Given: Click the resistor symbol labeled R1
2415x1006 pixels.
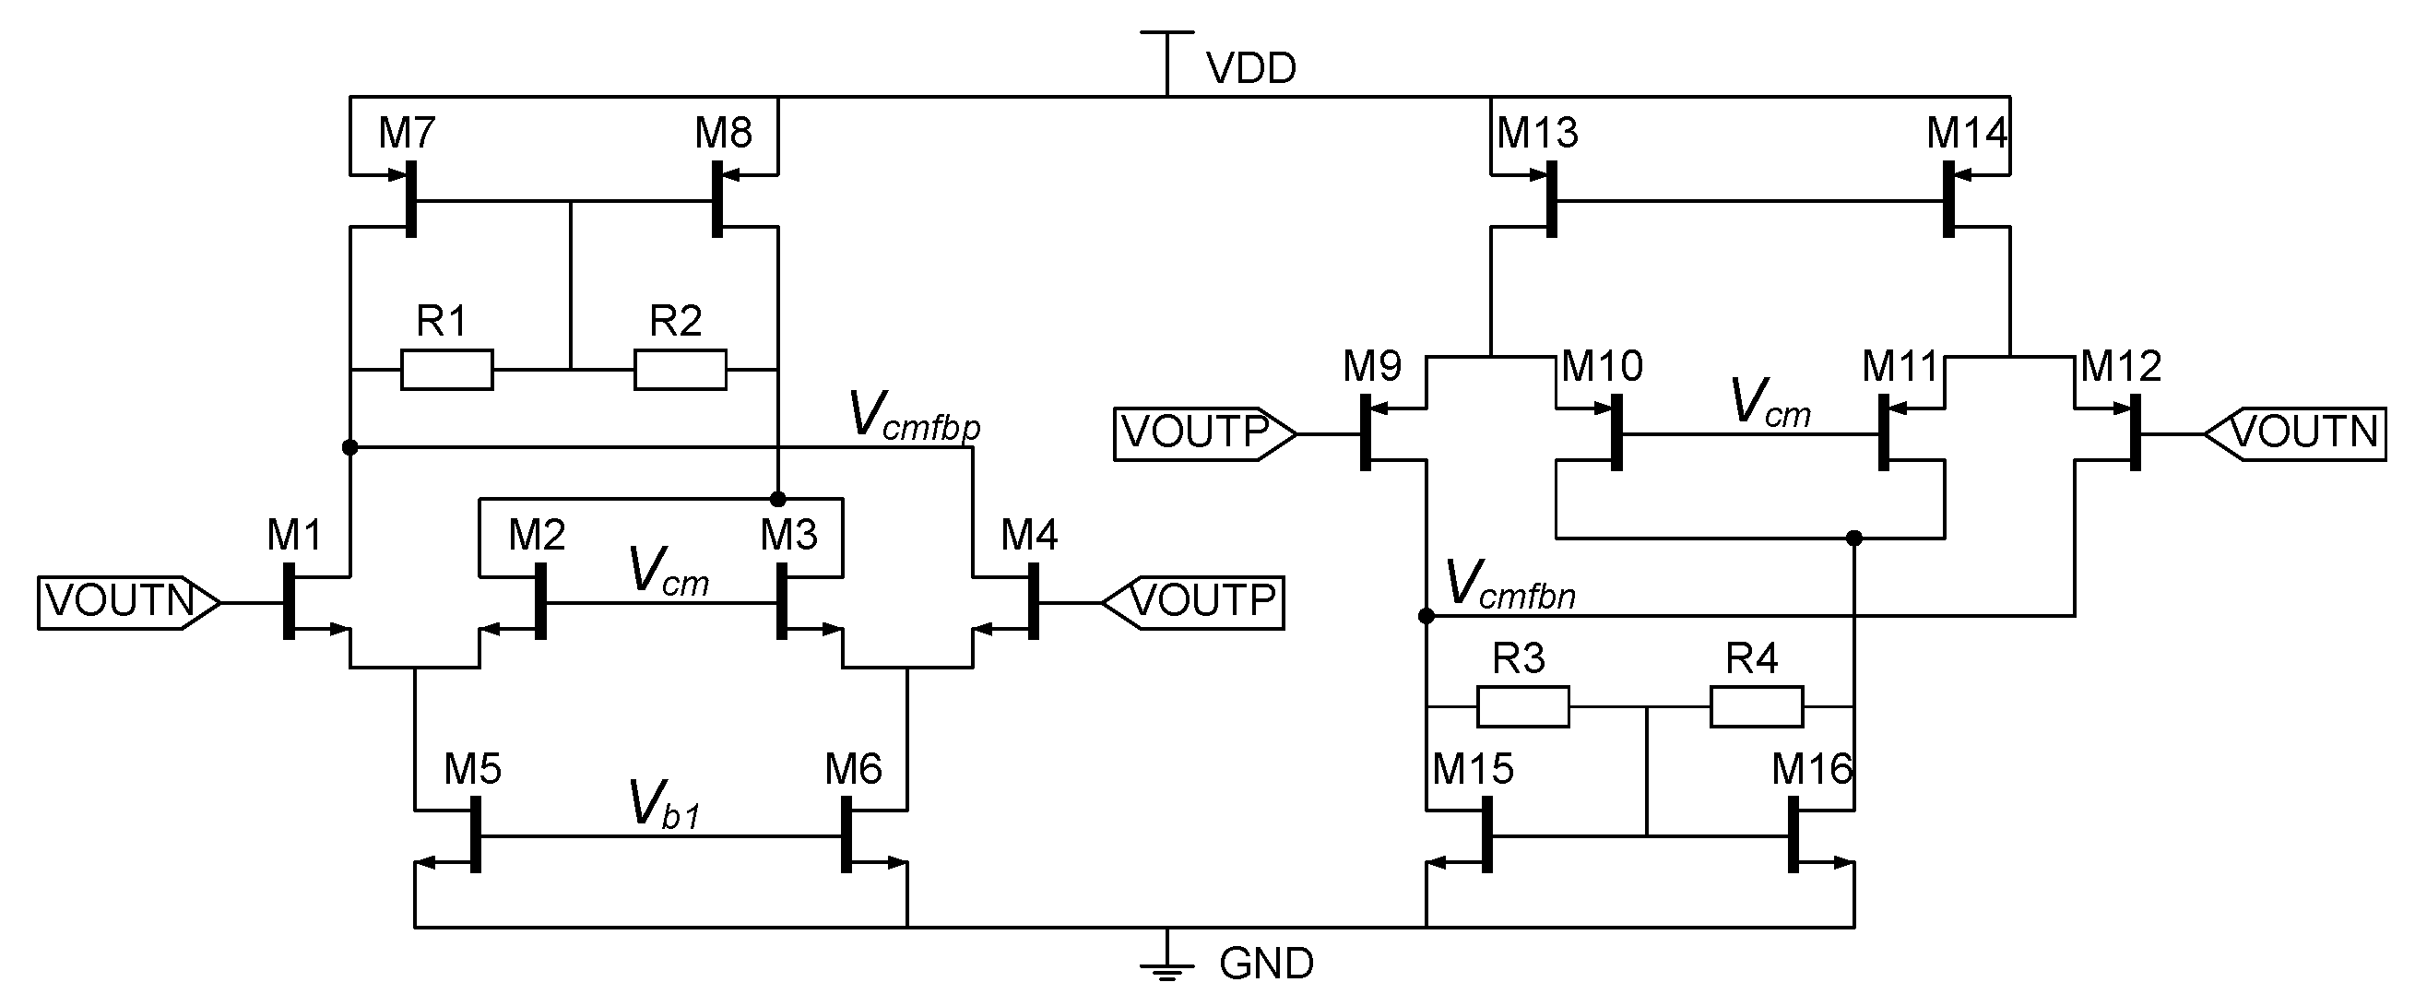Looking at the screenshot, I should (x=446, y=370).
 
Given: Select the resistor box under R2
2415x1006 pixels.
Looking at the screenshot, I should (x=680, y=370).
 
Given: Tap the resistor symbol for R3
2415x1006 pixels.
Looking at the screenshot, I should (x=1522, y=707).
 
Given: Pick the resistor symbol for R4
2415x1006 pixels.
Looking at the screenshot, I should (x=1756, y=707).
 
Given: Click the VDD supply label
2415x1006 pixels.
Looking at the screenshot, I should (x=1250, y=68).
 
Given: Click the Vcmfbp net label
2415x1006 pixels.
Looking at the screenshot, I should (x=913, y=415).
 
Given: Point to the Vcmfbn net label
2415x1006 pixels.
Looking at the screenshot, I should (x=1509, y=585).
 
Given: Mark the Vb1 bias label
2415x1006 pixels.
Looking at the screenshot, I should (x=664, y=805).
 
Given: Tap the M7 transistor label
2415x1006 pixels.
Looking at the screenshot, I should (x=407, y=133).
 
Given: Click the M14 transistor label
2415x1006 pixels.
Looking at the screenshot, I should (x=1966, y=133).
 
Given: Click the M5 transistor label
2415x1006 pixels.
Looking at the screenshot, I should (x=472, y=770).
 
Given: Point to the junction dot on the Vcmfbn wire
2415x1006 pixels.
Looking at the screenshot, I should (x=1426, y=616).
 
